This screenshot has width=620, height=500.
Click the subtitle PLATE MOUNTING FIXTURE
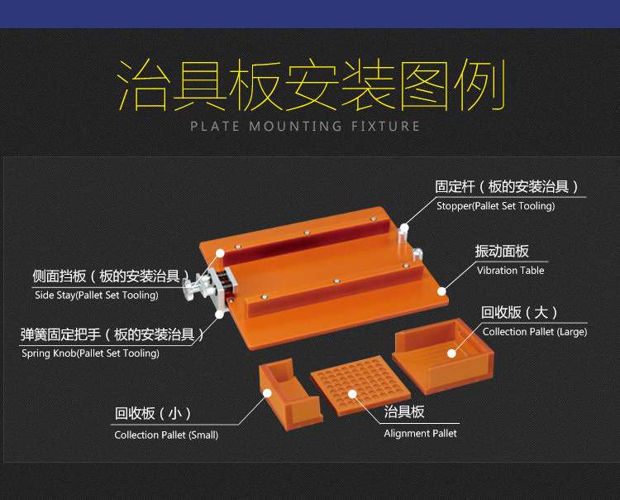305,127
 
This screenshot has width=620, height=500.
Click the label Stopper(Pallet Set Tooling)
495,206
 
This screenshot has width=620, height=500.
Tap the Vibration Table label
510,271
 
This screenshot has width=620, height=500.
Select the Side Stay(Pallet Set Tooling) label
96,295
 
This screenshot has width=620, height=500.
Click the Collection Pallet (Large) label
534,332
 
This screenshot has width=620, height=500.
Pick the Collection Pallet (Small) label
166,435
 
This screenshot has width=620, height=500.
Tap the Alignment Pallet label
420,433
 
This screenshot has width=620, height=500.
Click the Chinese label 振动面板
502,252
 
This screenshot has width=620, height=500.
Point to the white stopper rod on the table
404,236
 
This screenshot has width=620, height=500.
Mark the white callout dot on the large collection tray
452,353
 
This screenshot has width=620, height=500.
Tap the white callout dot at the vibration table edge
442,291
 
